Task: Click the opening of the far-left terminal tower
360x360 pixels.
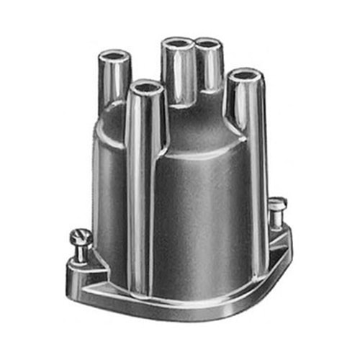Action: coord(115,56)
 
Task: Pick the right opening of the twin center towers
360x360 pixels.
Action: coord(208,45)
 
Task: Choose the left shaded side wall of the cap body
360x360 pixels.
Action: coord(108,194)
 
